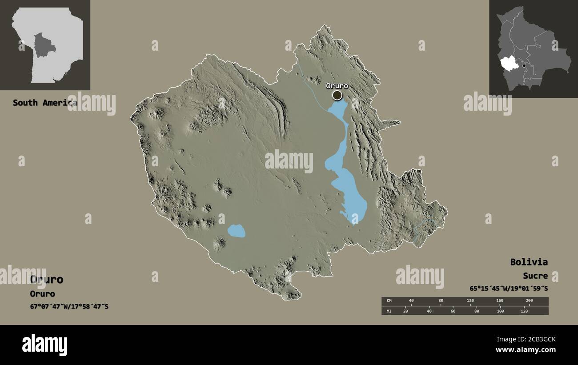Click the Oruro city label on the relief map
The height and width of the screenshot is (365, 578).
(337, 86)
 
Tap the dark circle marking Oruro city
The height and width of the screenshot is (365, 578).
(337, 95)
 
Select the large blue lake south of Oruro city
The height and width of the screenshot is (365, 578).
(349, 191)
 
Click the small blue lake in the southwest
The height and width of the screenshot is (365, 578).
(236, 231)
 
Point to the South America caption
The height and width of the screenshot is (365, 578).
(44, 103)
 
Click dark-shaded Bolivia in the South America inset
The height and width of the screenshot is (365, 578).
(45, 44)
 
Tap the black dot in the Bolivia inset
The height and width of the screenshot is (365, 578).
(524, 66)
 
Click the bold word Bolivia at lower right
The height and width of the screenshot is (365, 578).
(529, 262)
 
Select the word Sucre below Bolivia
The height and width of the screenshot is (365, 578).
(535, 276)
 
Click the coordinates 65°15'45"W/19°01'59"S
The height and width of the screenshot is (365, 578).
(509, 288)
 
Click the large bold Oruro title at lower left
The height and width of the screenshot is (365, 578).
(47, 280)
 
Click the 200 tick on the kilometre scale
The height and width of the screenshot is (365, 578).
(529, 301)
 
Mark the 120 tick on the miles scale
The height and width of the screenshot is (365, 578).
(524, 311)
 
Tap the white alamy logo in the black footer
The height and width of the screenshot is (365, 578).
(44, 345)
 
